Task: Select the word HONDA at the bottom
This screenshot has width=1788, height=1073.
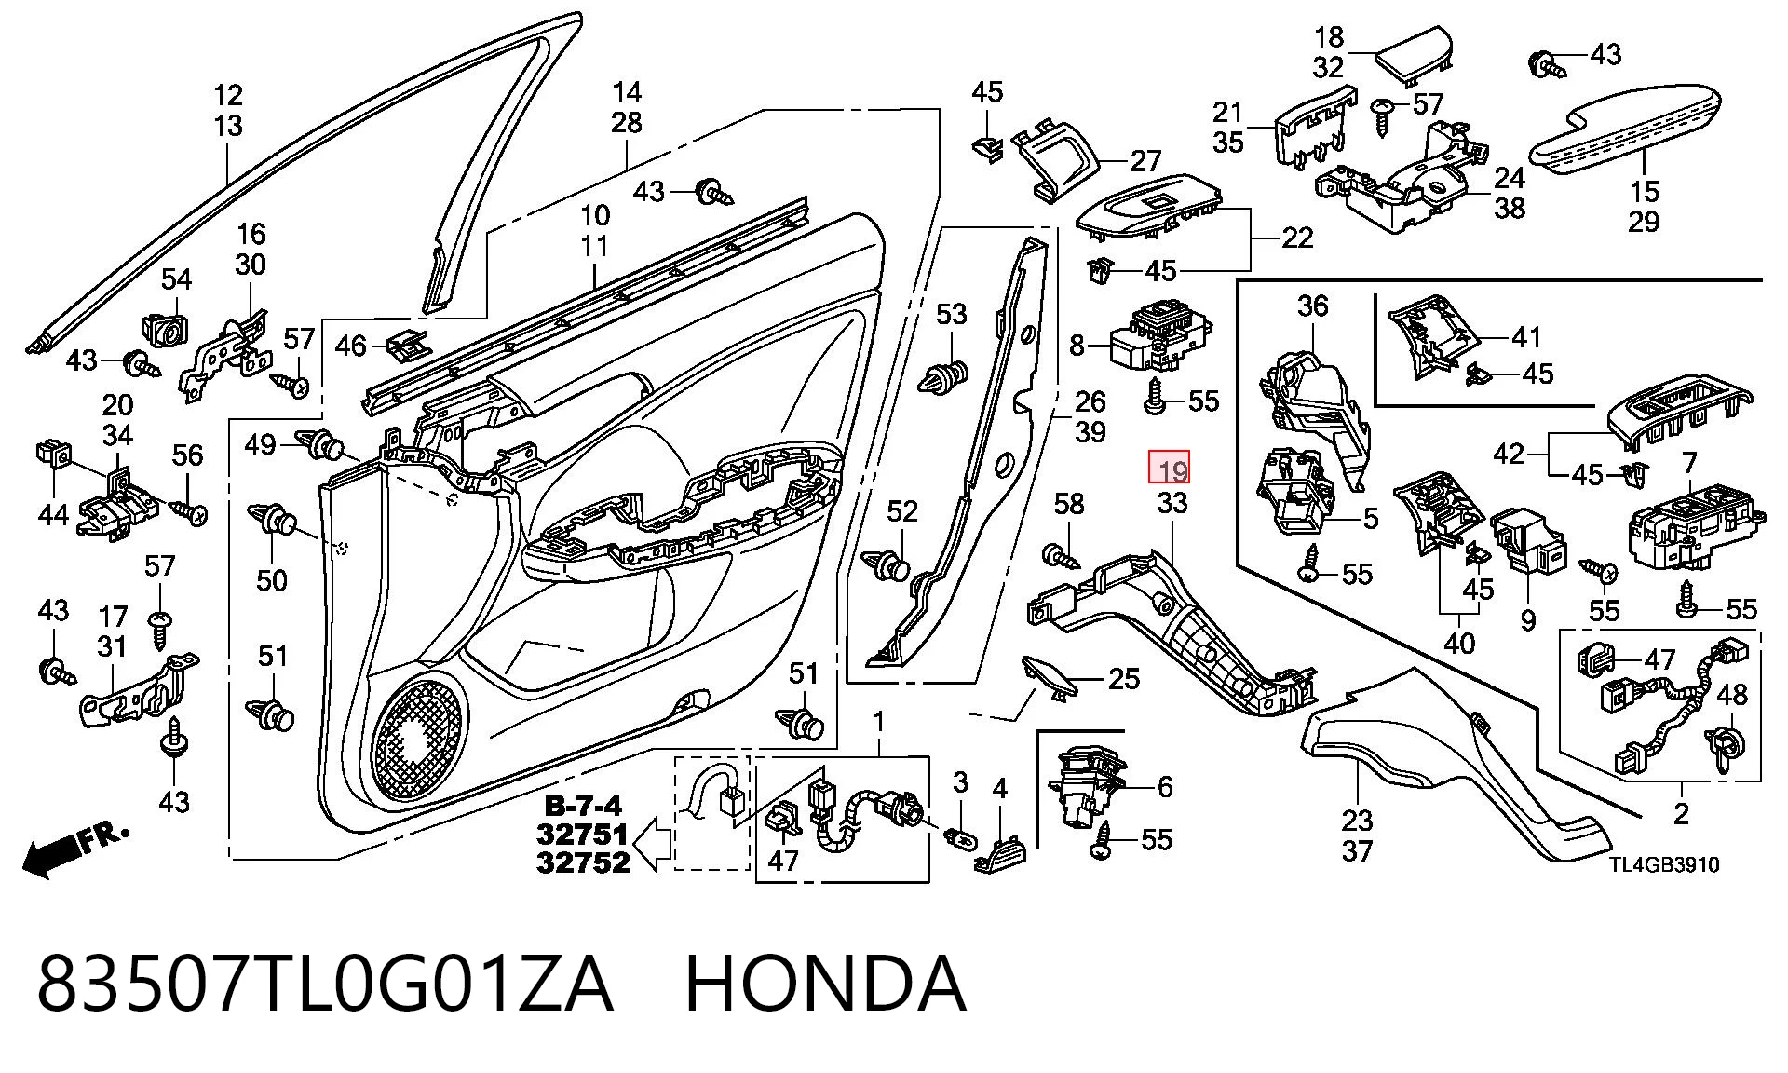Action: [x=826, y=985]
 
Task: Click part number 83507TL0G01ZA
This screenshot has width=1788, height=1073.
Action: [x=325, y=985]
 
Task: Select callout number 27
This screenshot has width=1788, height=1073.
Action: [x=1145, y=161]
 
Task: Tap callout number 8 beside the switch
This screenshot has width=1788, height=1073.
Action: [x=1077, y=346]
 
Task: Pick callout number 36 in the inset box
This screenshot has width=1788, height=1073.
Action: [x=1312, y=305]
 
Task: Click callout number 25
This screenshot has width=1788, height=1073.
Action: [x=1124, y=678]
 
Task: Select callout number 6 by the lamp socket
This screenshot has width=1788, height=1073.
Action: [x=1165, y=787]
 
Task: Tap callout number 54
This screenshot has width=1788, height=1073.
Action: [x=176, y=278]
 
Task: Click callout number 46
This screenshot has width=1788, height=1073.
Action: [x=350, y=346]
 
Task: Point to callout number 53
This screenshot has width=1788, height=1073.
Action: [x=951, y=314]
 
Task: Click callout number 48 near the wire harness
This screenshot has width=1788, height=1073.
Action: [x=1732, y=694]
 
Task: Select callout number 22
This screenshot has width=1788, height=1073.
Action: [x=1297, y=238]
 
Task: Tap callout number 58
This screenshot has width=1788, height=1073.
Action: [x=1068, y=504]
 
